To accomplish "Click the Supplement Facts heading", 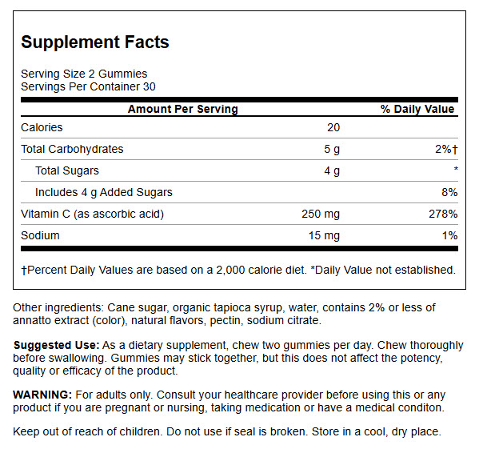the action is pyautogui.click(x=95, y=42).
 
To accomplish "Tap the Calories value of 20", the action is pyautogui.click(x=333, y=127).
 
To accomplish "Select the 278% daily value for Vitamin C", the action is pyautogui.click(x=443, y=214).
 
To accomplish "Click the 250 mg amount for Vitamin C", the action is pyautogui.click(x=321, y=214).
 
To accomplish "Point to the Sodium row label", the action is pyautogui.click(x=40, y=235).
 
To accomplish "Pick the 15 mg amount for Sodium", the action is pyautogui.click(x=324, y=235).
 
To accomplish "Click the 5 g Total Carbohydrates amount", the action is pyautogui.click(x=332, y=149).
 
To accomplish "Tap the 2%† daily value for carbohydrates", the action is pyautogui.click(x=446, y=149).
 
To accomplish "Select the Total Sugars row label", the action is pyautogui.click(x=67, y=170).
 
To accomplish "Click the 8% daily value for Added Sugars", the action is pyautogui.click(x=449, y=192).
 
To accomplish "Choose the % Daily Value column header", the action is pyautogui.click(x=417, y=109).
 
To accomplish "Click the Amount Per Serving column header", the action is pyautogui.click(x=183, y=109).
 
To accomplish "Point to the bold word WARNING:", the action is pyautogui.click(x=42, y=395).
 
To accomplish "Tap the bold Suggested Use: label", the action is pyautogui.click(x=56, y=345).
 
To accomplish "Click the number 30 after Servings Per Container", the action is pyautogui.click(x=149, y=86).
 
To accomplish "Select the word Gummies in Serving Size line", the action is pyautogui.click(x=122, y=74).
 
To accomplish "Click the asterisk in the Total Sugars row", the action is pyautogui.click(x=456, y=168).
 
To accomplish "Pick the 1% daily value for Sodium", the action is pyautogui.click(x=449, y=235).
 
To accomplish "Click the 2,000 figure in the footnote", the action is pyautogui.click(x=230, y=271).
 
